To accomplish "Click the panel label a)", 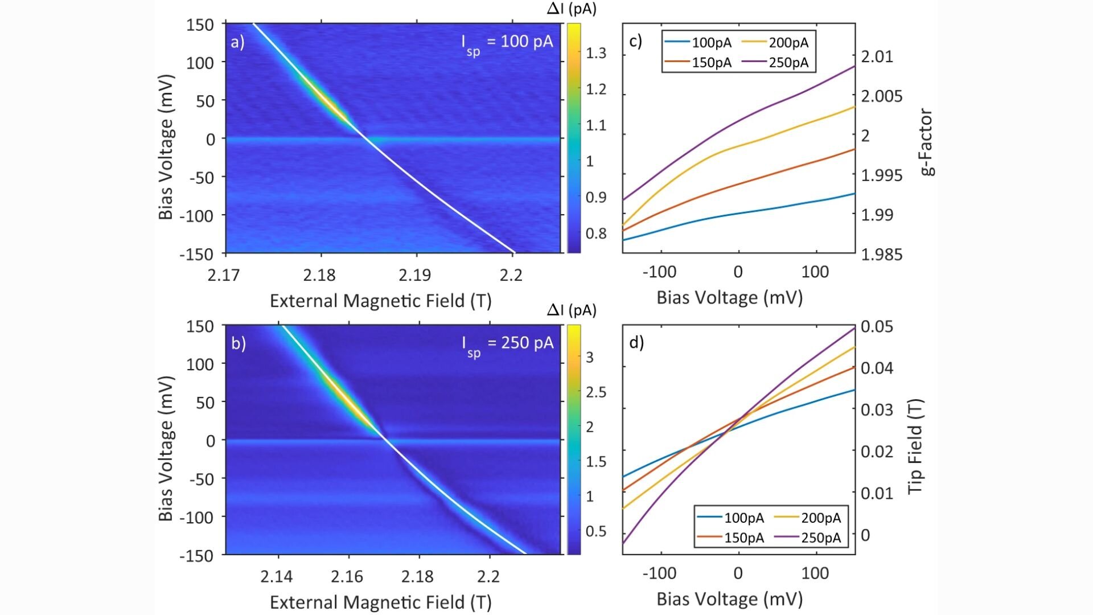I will [x=237, y=42].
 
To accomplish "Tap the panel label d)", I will [x=636, y=342].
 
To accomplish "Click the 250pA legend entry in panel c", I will [x=788, y=63].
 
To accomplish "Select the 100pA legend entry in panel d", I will [x=743, y=518].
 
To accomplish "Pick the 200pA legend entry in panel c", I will [x=788, y=43].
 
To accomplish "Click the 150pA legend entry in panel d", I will [x=743, y=538].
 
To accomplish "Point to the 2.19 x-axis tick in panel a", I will [x=414, y=276].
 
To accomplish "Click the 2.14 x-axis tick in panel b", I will [x=277, y=577].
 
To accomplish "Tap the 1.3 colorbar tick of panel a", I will [x=596, y=53].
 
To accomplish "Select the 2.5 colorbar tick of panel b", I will [x=596, y=392].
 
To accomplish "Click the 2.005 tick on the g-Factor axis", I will [x=882, y=96].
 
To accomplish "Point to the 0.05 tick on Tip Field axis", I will [x=877, y=327].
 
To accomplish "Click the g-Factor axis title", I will [x=927, y=142].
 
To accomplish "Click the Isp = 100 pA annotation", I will [x=507, y=43].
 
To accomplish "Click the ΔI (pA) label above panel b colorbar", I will [x=572, y=310].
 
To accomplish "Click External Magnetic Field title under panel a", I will [x=380, y=301].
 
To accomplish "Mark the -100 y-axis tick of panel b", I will [x=196, y=518].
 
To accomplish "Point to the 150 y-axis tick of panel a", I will [x=200, y=25].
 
